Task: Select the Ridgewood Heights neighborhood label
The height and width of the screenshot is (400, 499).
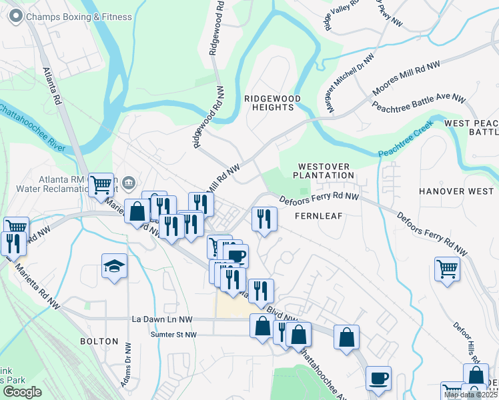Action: point(272,103)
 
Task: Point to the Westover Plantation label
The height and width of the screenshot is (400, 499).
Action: point(326,171)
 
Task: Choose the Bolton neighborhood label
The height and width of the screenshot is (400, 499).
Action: point(99,341)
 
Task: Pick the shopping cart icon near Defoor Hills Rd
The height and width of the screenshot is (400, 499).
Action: point(447,269)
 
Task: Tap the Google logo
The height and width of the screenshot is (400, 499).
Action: point(22,392)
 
